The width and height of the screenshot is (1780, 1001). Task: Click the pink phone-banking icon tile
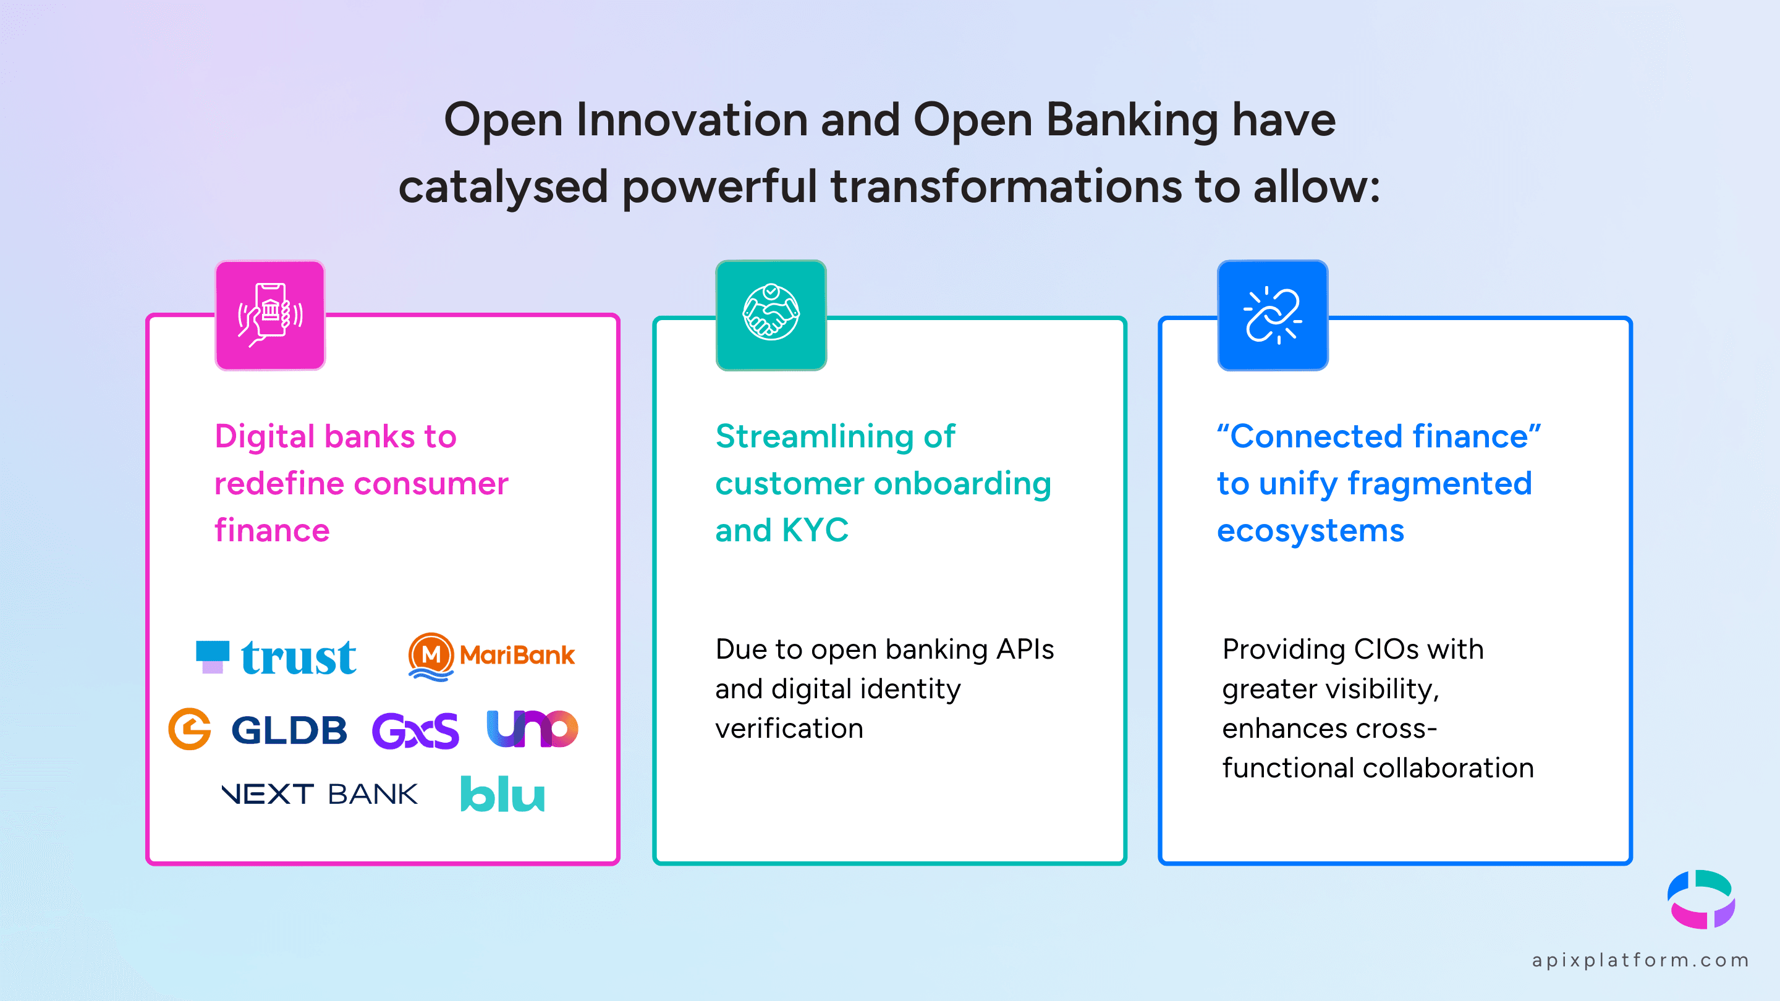click(270, 315)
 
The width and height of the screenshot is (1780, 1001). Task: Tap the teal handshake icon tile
click(771, 315)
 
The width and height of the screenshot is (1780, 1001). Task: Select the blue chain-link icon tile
click(1273, 315)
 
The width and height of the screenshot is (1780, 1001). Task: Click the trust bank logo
click(277, 657)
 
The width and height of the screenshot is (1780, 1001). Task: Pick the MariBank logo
click(491, 656)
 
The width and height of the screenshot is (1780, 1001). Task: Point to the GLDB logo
click(258, 730)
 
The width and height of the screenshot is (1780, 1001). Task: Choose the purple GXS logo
click(415, 731)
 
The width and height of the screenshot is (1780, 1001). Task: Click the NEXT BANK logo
click(320, 795)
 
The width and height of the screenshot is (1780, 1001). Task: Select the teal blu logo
click(502, 795)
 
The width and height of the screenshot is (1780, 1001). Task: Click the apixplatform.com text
click(1640, 960)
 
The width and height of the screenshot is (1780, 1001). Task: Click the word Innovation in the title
click(692, 120)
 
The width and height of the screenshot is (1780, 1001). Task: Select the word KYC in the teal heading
click(815, 531)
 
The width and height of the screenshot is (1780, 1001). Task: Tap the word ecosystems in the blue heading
click(1310, 531)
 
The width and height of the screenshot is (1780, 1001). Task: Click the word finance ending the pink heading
click(271, 531)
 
